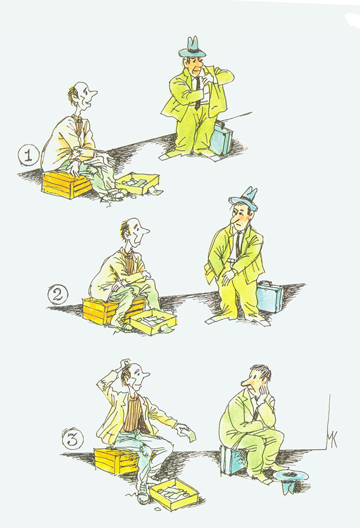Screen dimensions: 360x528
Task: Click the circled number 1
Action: [29, 156]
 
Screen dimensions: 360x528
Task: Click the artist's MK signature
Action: [331, 439]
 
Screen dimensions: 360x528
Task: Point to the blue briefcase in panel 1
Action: [222, 138]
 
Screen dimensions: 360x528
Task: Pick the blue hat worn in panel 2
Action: [244, 198]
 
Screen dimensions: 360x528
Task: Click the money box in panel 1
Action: [138, 184]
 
